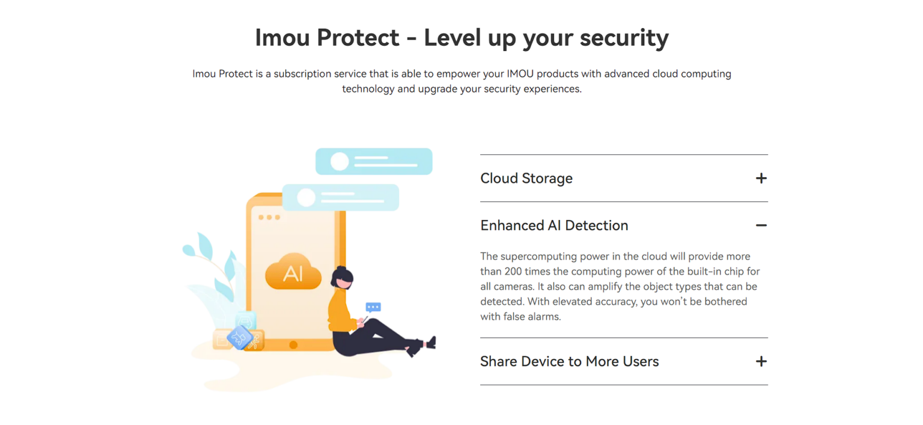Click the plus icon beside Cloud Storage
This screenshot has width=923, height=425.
[761, 178]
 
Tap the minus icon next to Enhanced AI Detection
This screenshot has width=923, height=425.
[761, 225]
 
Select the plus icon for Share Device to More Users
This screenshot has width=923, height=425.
[761, 361]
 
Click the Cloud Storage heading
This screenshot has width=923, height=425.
[526, 179]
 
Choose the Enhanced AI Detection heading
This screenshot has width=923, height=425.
[554, 225]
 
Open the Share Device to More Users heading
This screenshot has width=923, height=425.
[570, 361]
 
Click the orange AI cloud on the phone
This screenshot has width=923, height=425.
[293, 272]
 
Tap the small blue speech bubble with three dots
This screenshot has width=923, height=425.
[373, 307]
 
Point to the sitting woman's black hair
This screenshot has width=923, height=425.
[341, 275]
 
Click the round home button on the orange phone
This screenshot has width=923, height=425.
[293, 344]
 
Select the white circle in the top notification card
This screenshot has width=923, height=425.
[340, 162]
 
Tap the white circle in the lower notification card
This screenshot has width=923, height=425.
[306, 198]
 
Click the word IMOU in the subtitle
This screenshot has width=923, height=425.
[520, 74]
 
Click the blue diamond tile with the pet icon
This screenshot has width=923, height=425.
[239, 338]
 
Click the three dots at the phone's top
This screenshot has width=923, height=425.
[269, 217]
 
